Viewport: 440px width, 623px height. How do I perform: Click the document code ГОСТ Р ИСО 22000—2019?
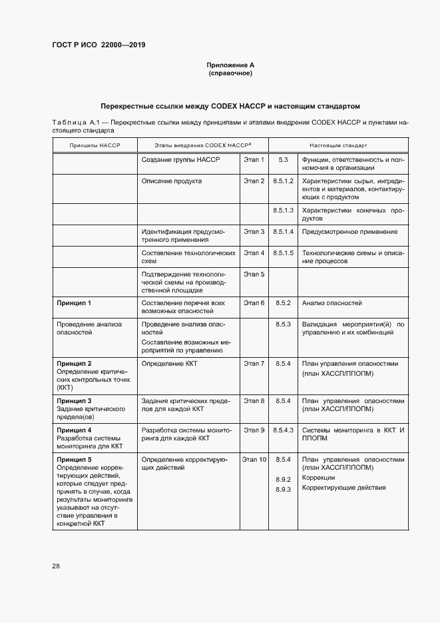(99, 45)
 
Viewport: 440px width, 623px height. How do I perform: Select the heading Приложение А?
(230, 65)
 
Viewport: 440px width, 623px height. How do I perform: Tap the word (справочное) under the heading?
(230, 73)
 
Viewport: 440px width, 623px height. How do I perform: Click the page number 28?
(56, 566)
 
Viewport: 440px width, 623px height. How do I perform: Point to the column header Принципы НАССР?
(95, 145)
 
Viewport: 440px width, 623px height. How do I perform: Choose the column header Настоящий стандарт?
(338, 145)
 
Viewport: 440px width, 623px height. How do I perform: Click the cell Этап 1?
(254, 160)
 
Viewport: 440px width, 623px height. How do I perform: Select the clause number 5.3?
(283, 160)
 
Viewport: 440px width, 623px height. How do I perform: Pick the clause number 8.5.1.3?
(284, 211)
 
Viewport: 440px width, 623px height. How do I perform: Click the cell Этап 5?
(254, 274)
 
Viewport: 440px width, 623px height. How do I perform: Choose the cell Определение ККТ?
(170, 364)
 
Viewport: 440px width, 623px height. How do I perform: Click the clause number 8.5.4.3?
(284, 430)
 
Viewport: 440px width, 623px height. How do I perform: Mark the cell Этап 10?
(254, 460)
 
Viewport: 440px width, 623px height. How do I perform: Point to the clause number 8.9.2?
(284, 480)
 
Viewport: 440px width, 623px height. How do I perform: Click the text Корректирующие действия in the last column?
(343, 488)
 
